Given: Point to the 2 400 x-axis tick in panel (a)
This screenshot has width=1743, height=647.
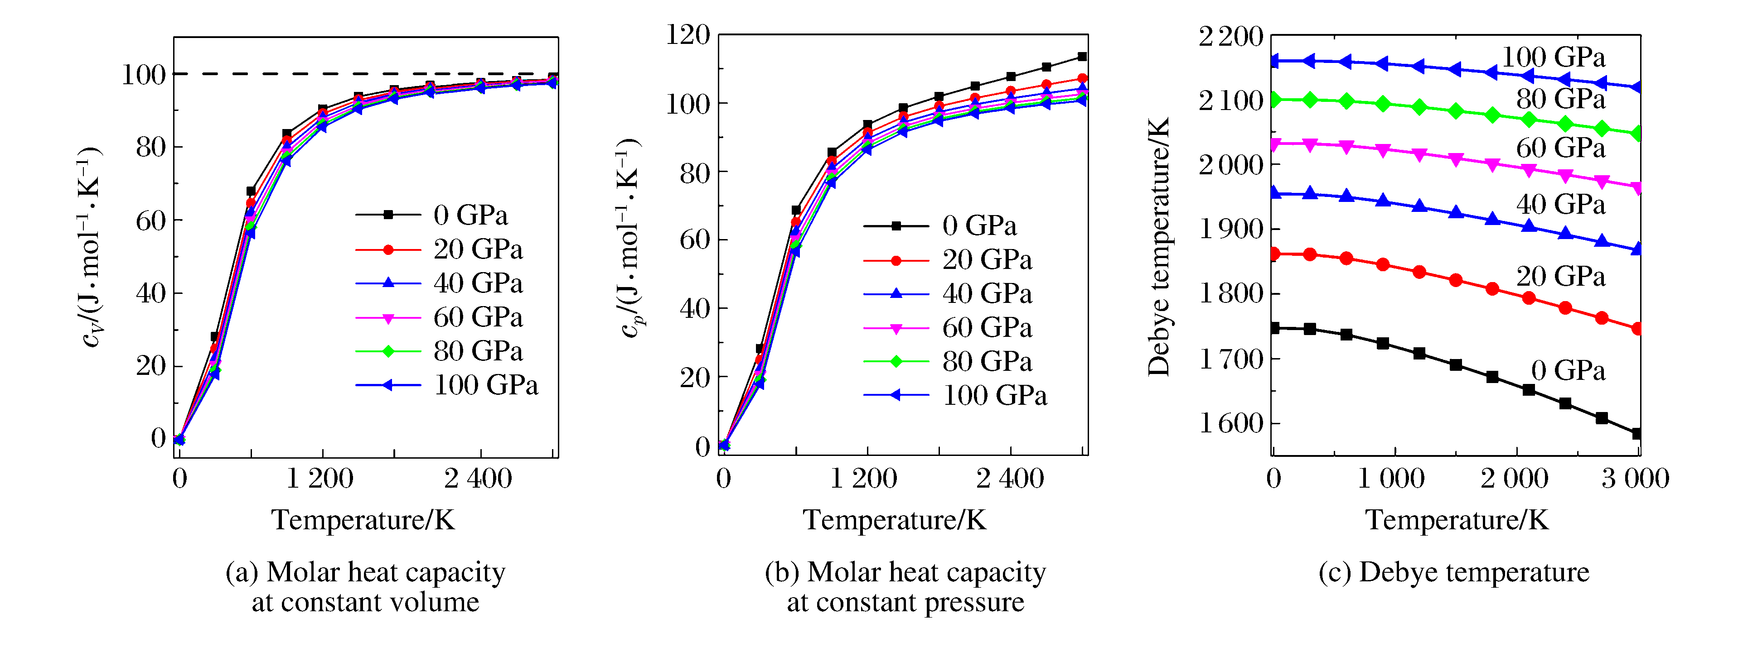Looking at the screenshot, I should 478,479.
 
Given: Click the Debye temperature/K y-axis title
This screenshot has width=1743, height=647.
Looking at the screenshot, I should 1158,247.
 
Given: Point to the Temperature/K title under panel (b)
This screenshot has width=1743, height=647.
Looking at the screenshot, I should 895,520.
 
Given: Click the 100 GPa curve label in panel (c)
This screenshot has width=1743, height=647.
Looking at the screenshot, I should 1553,58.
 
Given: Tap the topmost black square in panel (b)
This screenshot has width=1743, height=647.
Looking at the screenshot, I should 1082,57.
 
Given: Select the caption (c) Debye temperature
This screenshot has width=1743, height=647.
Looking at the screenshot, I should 1453,572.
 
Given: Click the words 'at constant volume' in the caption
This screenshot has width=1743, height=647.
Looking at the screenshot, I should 365,602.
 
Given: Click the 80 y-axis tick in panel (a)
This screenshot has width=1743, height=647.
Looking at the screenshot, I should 150,147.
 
